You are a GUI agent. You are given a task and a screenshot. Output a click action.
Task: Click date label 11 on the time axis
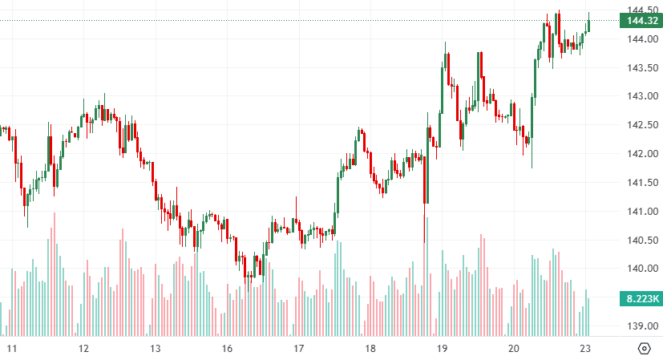click(x=12, y=349)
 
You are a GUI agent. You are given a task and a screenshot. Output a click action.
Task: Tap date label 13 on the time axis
click(x=156, y=349)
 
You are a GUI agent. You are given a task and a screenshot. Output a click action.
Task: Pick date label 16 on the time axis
click(x=227, y=349)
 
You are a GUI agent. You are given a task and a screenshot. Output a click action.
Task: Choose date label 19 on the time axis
click(x=442, y=349)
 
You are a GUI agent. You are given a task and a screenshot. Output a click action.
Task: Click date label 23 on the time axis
click(x=585, y=349)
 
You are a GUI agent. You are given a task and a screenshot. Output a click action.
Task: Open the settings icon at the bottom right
click(x=644, y=349)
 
